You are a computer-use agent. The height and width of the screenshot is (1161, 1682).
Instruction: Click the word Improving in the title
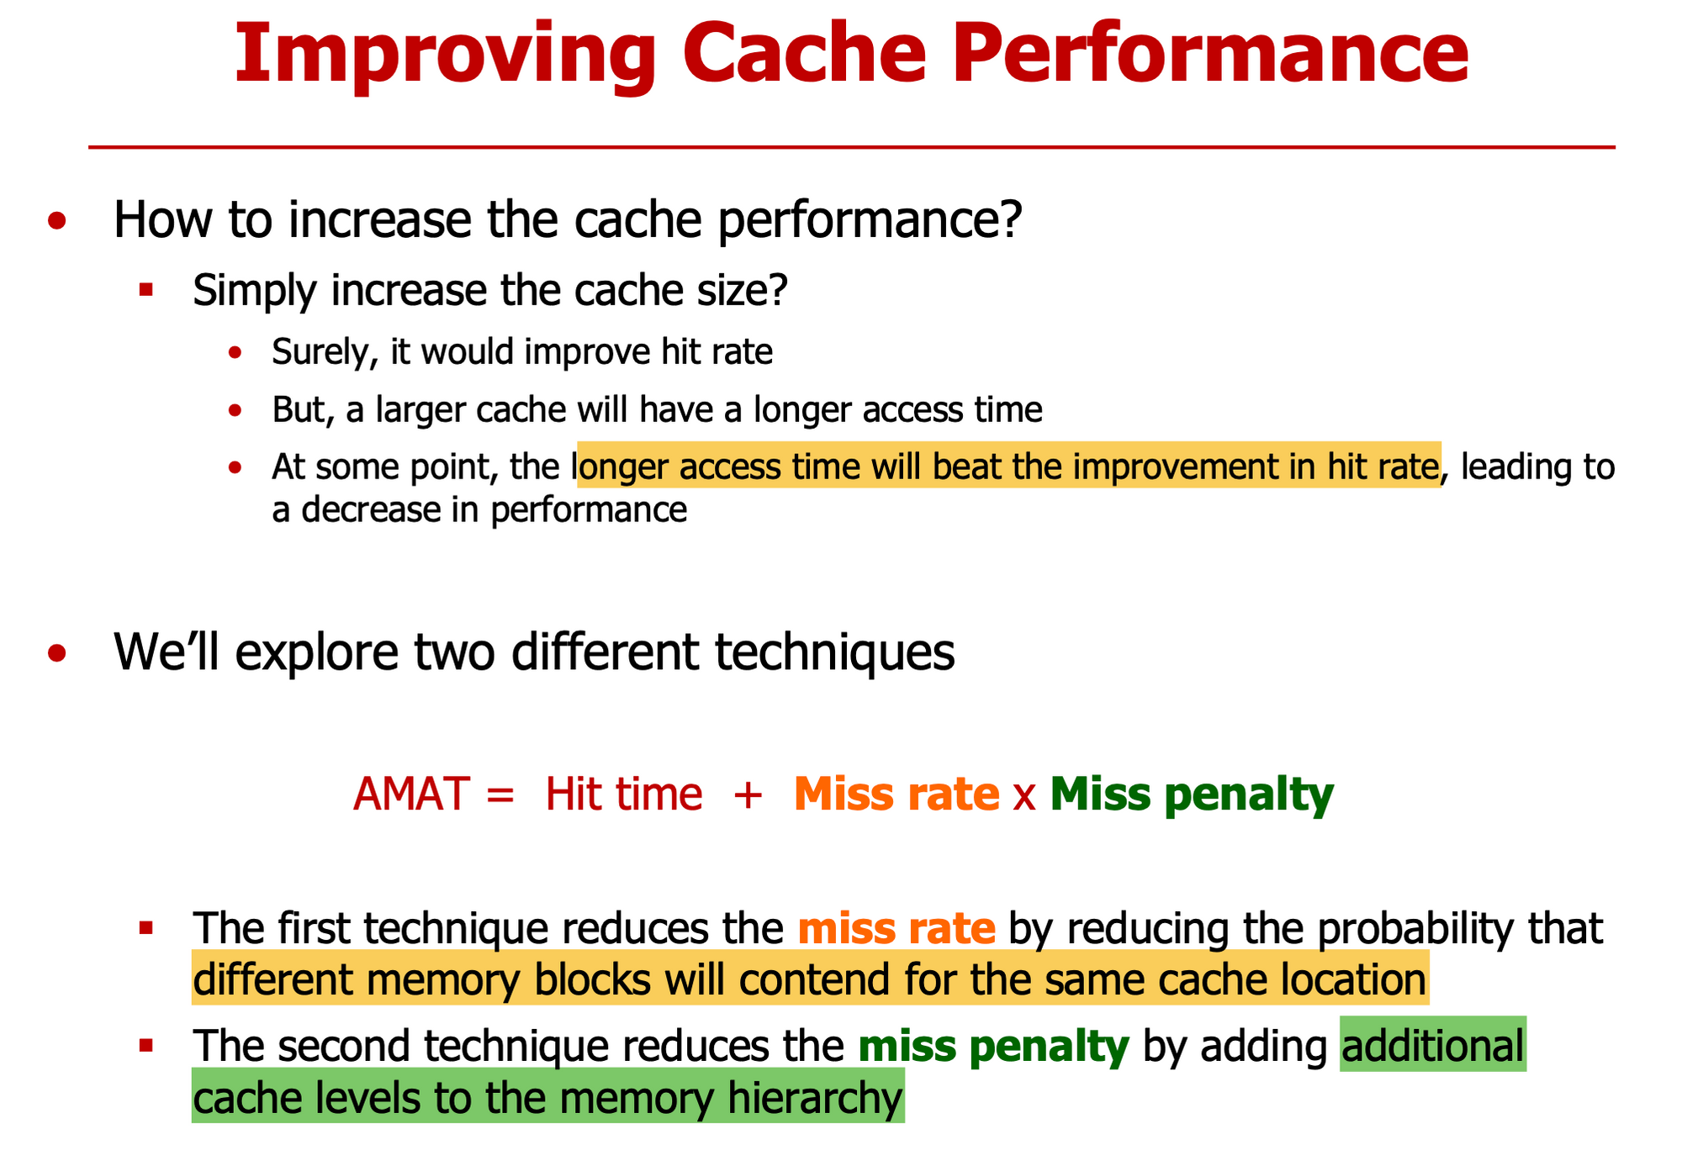[445, 55]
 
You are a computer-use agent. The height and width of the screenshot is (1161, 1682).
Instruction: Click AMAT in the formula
[410, 794]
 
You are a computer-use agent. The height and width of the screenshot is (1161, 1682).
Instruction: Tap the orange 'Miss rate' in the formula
[897, 794]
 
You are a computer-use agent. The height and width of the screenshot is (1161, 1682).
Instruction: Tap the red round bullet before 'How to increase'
[57, 221]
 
